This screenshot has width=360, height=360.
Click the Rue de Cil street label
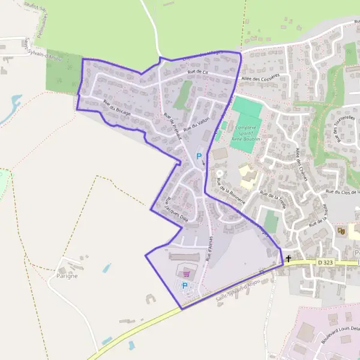[x=197, y=72]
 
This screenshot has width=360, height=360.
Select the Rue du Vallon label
[x=196, y=123]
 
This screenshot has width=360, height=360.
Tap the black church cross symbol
[x=289, y=259]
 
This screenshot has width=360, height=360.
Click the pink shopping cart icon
[x=185, y=272]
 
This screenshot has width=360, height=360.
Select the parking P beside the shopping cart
[x=185, y=286]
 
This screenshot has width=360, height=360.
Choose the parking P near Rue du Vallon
[x=199, y=156]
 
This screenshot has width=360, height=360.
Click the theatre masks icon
[x=341, y=230]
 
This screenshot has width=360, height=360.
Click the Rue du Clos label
[x=342, y=192]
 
